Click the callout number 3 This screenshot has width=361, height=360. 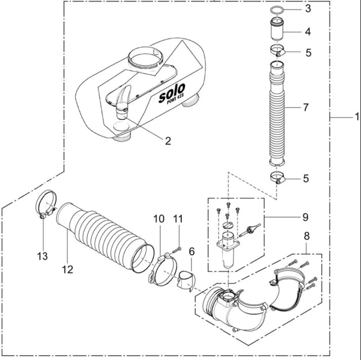point(308,9)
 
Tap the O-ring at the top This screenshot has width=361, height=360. point(277,10)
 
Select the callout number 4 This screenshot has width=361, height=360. point(308,31)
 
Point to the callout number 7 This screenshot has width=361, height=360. point(306,107)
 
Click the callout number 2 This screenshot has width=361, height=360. point(168,141)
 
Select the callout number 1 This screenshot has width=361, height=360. point(356,117)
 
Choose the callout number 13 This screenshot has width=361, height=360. point(43,256)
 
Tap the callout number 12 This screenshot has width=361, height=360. point(68,269)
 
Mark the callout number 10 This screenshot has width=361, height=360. point(159,219)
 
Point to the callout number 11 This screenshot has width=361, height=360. point(178,219)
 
